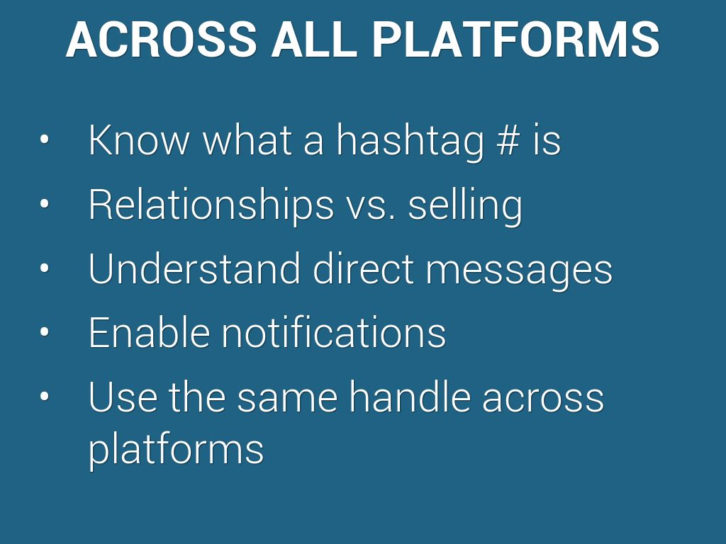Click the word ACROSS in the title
[x=162, y=40]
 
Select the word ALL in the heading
[x=314, y=40]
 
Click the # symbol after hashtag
[x=508, y=140]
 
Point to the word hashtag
[x=410, y=142]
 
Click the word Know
[x=139, y=140]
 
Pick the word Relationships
[x=211, y=206]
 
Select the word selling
[x=465, y=206]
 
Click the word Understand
[x=194, y=268]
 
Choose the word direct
[x=363, y=268]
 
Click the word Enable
[x=149, y=331]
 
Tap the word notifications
[x=334, y=331]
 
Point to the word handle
[x=409, y=396]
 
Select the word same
[x=287, y=401]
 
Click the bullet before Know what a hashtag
[x=45, y=140]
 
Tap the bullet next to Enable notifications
[x=45, y=331]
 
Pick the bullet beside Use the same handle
[x=45, y=396]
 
